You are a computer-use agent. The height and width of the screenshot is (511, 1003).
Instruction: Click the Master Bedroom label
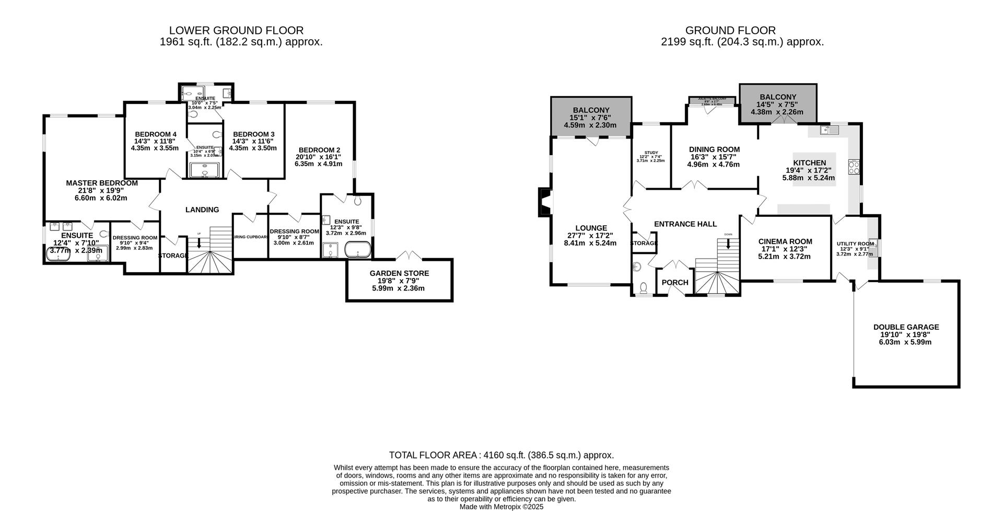102,183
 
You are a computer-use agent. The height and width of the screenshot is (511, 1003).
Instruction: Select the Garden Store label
399,273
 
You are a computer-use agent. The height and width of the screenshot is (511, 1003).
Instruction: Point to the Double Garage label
906,327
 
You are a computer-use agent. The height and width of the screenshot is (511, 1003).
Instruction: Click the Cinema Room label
785,241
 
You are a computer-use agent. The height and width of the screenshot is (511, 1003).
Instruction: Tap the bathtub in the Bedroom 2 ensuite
358,250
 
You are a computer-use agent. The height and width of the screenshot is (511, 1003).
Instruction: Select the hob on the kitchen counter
855,167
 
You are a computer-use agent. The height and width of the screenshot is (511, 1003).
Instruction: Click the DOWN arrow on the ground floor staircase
728,243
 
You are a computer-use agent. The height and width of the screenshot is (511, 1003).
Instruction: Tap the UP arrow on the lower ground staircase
199,242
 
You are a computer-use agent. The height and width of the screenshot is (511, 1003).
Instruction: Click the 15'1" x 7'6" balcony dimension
590,118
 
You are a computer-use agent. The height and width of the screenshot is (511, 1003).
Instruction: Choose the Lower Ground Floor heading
236,31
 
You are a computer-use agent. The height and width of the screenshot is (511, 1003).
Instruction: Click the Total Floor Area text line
501,455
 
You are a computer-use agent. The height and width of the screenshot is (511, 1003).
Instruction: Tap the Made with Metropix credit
501,506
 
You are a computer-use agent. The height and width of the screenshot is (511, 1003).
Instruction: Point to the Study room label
651,153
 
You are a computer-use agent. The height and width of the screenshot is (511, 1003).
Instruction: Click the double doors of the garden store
409,256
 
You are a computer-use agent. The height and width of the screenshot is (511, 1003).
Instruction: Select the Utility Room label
855,243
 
